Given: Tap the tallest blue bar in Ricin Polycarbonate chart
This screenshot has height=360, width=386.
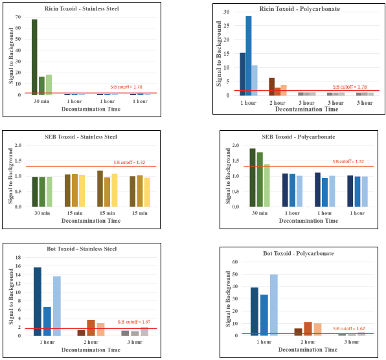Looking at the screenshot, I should coord(249,55).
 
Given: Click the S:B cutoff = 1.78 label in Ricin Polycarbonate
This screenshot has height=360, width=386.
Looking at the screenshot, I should coord(350,87).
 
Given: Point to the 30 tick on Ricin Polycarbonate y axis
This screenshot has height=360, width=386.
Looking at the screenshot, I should coord(225,12).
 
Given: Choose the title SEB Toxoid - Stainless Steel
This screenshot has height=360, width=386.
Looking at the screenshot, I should coord(80,137).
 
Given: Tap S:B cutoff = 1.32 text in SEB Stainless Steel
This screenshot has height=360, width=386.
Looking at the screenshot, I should coord(133,162).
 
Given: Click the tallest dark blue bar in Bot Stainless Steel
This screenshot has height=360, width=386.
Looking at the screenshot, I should coord(38,301).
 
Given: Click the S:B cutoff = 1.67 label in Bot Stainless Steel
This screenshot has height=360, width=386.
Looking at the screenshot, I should coord(134,322).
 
